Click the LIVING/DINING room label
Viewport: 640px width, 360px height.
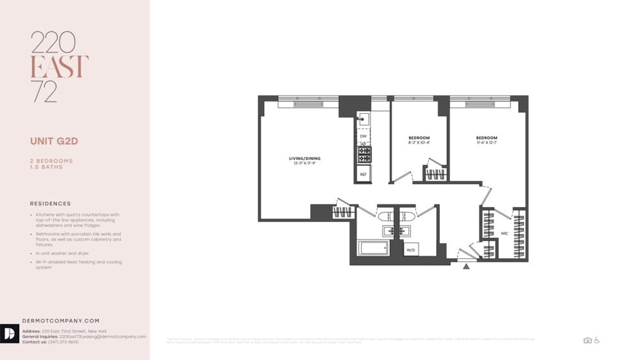[x=305, y=158]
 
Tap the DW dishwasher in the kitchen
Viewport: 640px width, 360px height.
[x=363, y=137]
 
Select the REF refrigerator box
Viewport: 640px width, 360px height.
[x=363, y=174]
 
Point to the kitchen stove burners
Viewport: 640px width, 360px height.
[x=364, y=155]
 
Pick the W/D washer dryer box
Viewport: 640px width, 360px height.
[x=411, y=250]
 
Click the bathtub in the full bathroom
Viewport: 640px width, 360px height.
[x=373, y=248]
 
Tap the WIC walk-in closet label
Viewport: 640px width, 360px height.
[x=504, y=234]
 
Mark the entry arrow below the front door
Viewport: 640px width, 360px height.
[x=466, y=266]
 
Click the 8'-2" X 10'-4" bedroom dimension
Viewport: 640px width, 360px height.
[x=419, y=143]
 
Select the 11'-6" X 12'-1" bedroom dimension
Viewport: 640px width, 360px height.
[x=486, y=143]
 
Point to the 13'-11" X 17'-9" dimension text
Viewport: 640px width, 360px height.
[x=305, y=164]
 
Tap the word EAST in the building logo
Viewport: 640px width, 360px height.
[x=59, y=67]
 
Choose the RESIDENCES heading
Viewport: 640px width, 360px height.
[x=50, y=203]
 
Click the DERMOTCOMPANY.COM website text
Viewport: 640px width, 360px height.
[x=61, y=321]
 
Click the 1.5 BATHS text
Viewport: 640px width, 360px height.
[x=46, y=167]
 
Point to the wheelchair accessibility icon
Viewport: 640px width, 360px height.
[x=597, y=340]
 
